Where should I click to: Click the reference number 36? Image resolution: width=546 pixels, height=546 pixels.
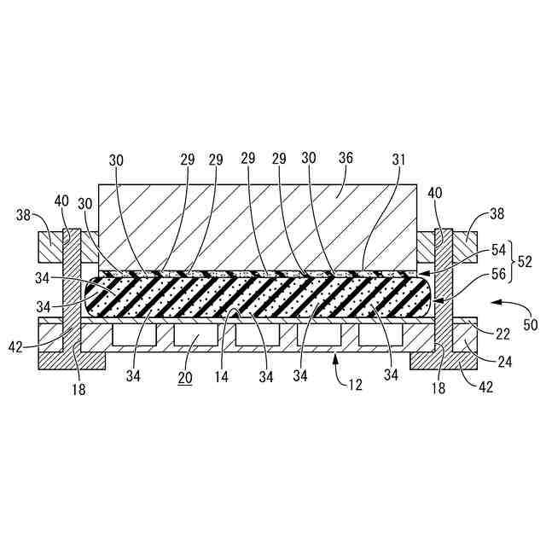tap(346, 160)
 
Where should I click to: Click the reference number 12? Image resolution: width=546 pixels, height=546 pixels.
tap(356, 384)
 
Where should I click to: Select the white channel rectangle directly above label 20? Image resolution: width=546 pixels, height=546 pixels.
tap(195, 336)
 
